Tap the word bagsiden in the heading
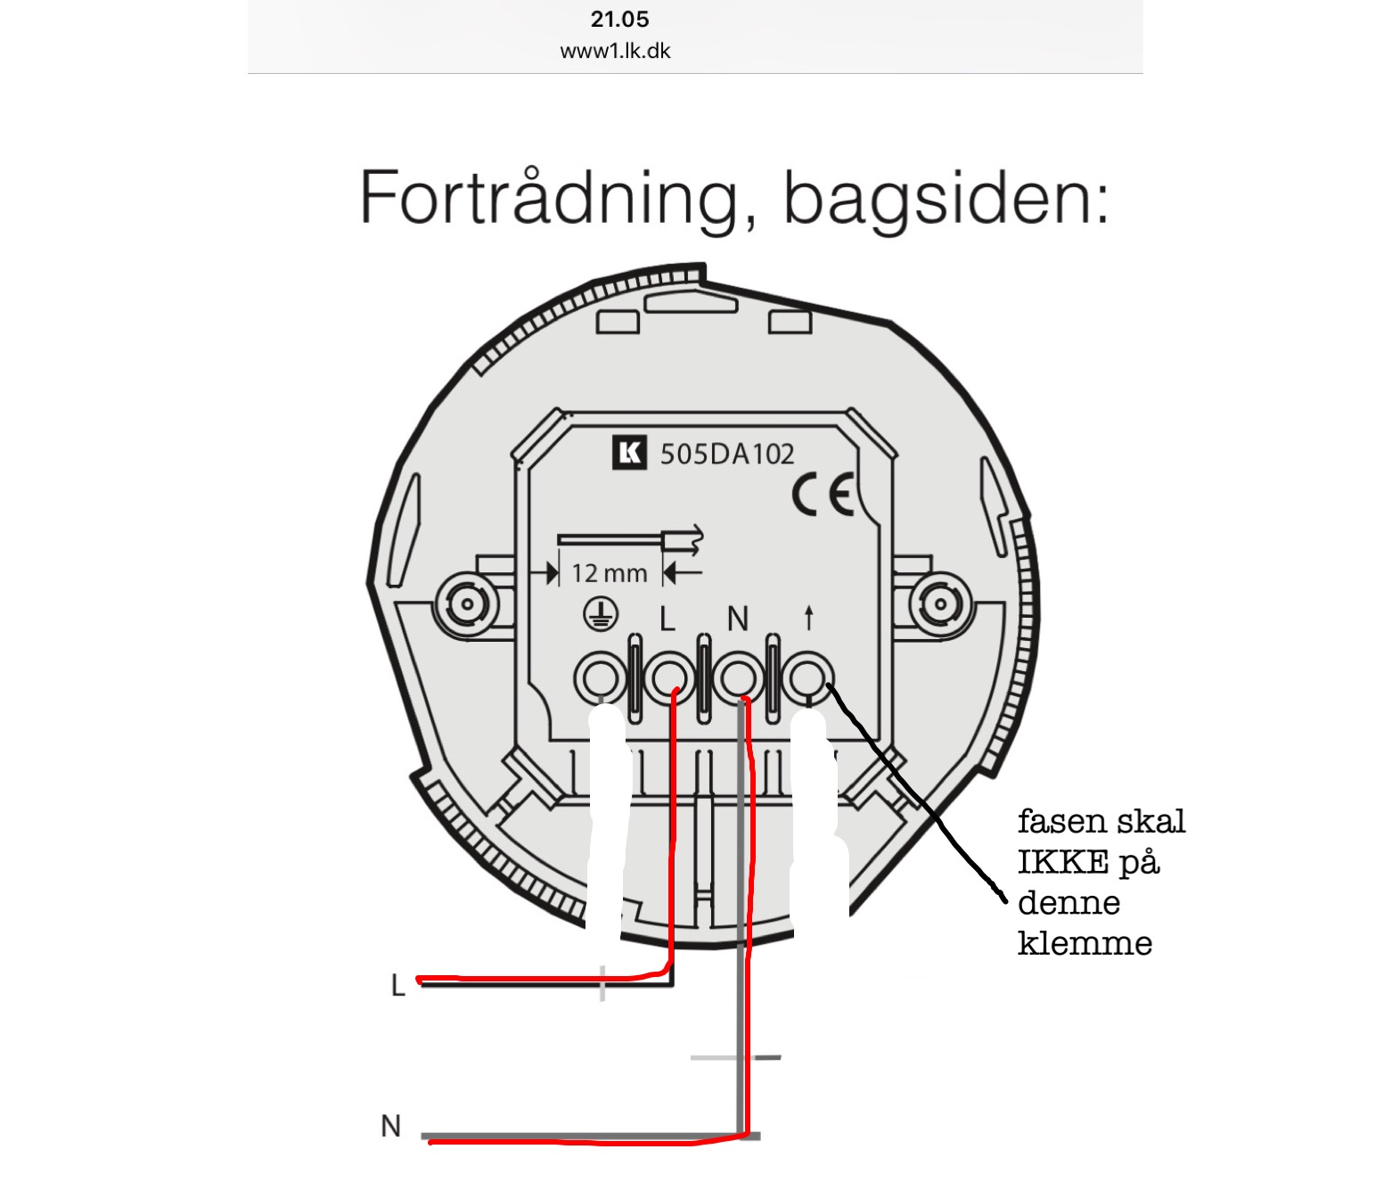pyautogui.click(x=945, y=198)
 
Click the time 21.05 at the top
pyautogui.click(x=619, y=20)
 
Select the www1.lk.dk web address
pyautogui.click(x=615, y=51)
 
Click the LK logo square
pyautogui.click(x=629, y=453)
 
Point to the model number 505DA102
pyautogui.click(x=727, y=455)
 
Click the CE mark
pyautogui.click(x=823, y=496)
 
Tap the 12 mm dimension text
pyautogui.click(x=610, y=573)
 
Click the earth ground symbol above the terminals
pyautogui.click(x=601, y=614)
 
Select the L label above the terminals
pyautogui.click(x=667, y=619)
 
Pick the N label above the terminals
pyautogui.click(x=737, y=619)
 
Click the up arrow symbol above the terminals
pyautogui.click(x=808, y=617)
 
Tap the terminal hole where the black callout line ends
pyautogui.click(x=809, y=678)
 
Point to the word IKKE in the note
pyautogui.click(x=1063, y=862)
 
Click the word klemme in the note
pyautogui.click(x=1085, y=943)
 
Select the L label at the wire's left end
pyautogui.click(x=398, y=985)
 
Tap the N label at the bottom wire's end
pyautogui.click(x=390, y=1126)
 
